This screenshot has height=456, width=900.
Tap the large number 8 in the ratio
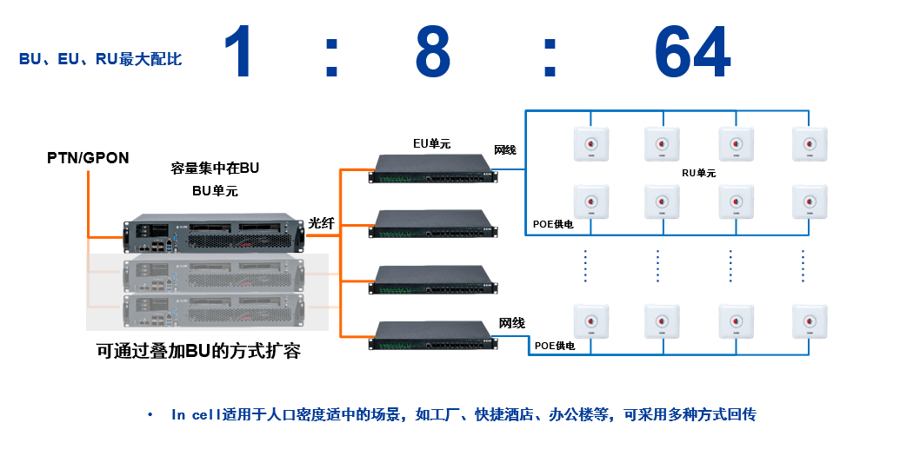click(x=432, y=52)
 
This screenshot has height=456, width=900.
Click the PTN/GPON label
click(x=88, y=158)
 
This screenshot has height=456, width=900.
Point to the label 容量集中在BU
click(x=215, y=167)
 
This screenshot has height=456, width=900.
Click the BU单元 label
click(x=215, y=191)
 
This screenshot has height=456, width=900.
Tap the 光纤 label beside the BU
click(x=321, y=223)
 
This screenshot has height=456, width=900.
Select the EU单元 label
click(x=431, y=143)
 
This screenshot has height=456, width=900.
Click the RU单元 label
click(x=698, y=173)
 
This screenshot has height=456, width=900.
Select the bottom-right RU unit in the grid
click(x=808, y=322)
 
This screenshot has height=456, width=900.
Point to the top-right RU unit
click(x=808, y=144)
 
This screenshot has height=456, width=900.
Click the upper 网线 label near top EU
click(x=505, y=150)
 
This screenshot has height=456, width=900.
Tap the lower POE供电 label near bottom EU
click(x=555, y=346)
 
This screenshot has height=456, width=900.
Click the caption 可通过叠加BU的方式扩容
click(x=198, y=352)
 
